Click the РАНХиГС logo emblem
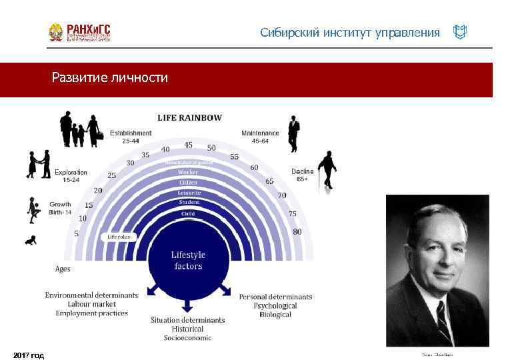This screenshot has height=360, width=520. click(57, 33)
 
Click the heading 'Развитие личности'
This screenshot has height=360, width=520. click(110, 78)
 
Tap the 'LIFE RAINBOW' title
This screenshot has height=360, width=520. click(189, 118)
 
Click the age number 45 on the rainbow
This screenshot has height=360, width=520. click(189, 145)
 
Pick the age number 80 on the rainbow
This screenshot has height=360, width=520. click(297, 231)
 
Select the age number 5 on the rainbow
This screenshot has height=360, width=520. click(77, 233)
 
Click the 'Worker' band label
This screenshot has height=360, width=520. click(188, 172)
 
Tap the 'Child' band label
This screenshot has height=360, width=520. click(188, 213)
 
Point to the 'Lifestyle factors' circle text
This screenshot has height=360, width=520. click(188, 260)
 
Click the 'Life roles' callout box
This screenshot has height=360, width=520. click(121, 236)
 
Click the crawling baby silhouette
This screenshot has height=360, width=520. click(31, 240)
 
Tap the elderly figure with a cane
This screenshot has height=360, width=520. click(327, 171)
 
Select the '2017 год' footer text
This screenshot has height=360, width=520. click(29, 355)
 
